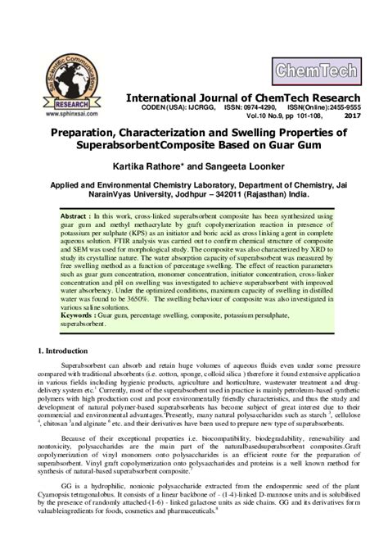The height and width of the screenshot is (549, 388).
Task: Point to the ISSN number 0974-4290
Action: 244,108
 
